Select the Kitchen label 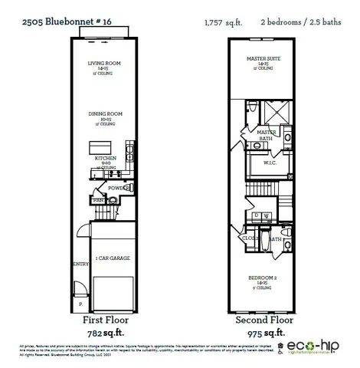pos(106,158)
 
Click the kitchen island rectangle pos(100,146)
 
